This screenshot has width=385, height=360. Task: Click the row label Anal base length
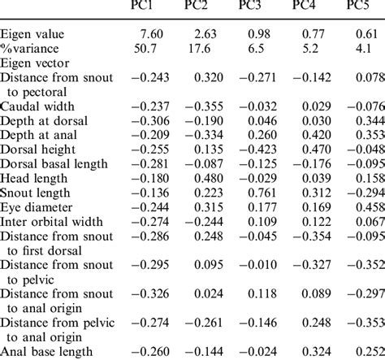point(46,351)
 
